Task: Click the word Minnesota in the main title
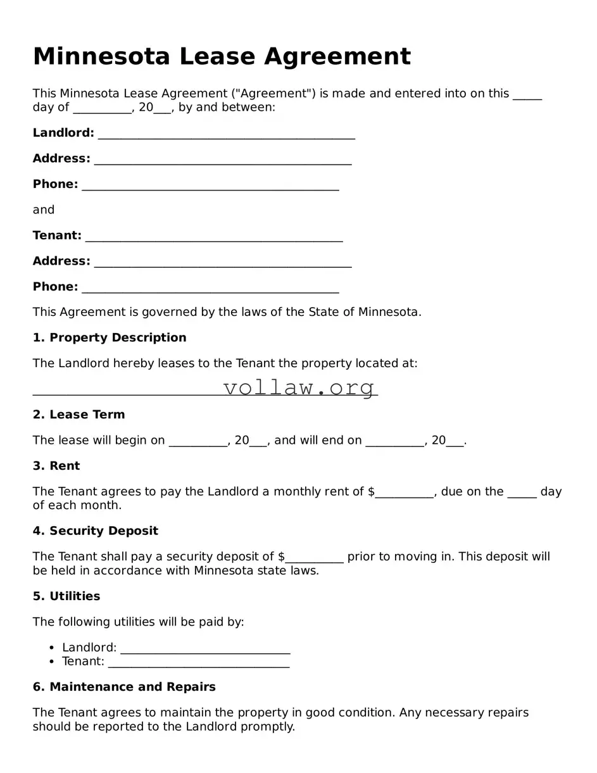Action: point(101,57)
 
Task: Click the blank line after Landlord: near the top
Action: point(226,135)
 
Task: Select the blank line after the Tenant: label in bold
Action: point(213,237)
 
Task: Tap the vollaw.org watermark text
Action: point(299,387)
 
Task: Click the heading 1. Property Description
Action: point(110,337)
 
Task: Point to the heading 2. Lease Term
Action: point(79,415)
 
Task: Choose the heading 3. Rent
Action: point(56,466)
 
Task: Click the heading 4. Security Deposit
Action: point(95,531)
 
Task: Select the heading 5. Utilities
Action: point(66,596)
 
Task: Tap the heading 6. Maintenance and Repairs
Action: point(124,687)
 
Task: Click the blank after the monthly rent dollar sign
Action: point(405,494)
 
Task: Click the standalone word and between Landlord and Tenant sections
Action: point(44,210)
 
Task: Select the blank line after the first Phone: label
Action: point(210,186)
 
